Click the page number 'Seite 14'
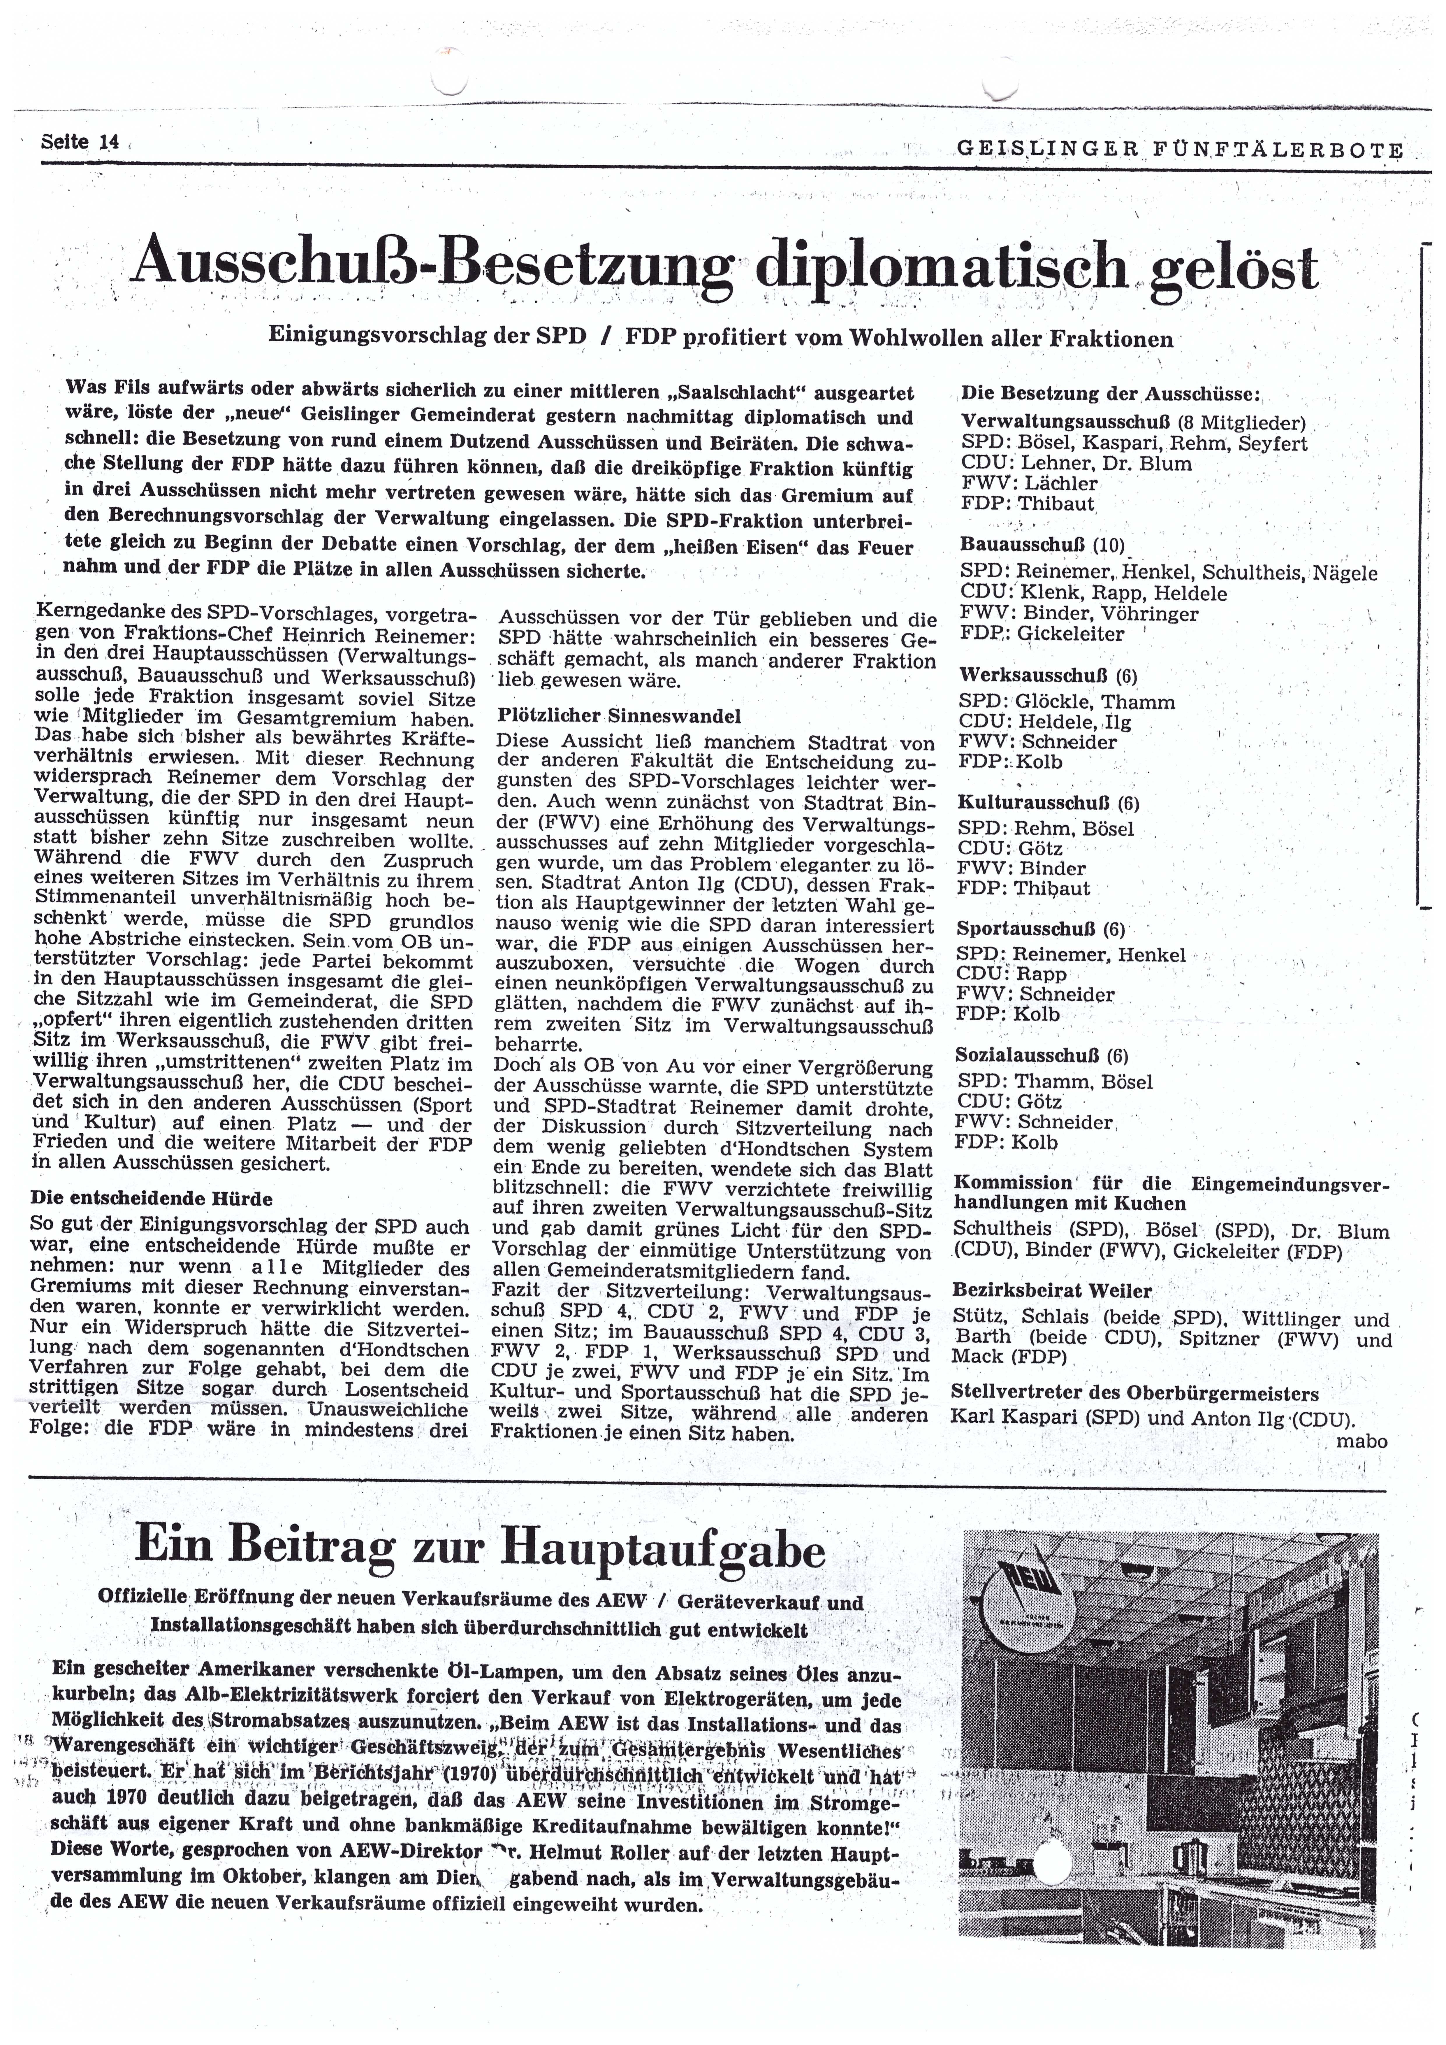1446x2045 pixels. [80, 142]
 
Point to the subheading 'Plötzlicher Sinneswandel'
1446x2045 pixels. [619, 715]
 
